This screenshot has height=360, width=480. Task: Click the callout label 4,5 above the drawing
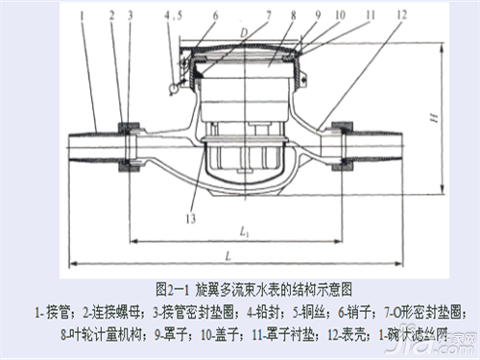pyautogui.click(x=172, y=14)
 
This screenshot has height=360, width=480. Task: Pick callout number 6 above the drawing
pyautogui.click(x=214, y=14)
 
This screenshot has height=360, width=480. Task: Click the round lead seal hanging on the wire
pyautogui.click(x=172, y=89)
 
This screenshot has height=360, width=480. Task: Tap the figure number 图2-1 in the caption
pyautogui.click(x=174, y=287)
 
